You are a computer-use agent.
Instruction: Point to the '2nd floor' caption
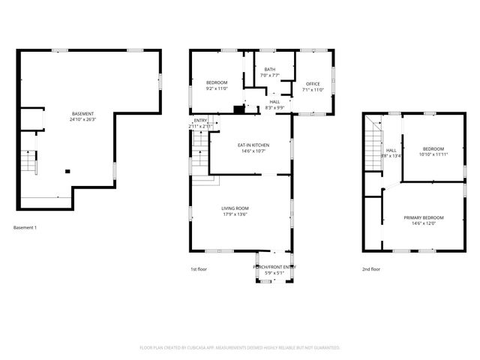pos(371,268)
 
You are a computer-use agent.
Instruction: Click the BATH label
pos(269,70)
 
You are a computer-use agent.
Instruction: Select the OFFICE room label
pos(313,83)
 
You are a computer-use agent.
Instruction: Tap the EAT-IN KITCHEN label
pos(253,145)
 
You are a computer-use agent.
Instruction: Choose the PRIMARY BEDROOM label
pos(420,217)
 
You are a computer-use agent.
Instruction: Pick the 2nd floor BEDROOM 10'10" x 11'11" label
pos(432,148)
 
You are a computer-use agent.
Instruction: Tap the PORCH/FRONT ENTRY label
pos(274,267)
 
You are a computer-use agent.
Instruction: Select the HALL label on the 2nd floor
pos(391,150)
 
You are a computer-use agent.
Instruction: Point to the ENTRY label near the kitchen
pos(200,121)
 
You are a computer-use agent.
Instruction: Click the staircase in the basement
pos(28,161)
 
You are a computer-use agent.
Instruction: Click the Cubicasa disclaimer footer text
pos(240,347)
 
